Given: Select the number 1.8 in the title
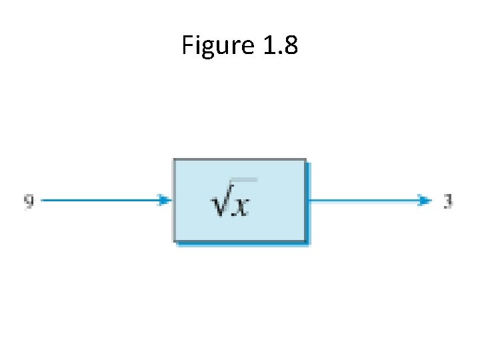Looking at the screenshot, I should point(279,45).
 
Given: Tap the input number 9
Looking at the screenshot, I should point(29,201).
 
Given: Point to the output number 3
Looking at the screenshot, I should point(449,201).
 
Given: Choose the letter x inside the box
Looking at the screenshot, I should point(241,206).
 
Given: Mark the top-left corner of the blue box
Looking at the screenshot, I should point(175,160).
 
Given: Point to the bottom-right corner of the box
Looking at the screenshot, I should point(307,241).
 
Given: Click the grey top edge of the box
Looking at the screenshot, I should point(240,159).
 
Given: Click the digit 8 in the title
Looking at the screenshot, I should point(290,45).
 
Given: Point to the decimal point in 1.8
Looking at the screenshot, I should point(279,53).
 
